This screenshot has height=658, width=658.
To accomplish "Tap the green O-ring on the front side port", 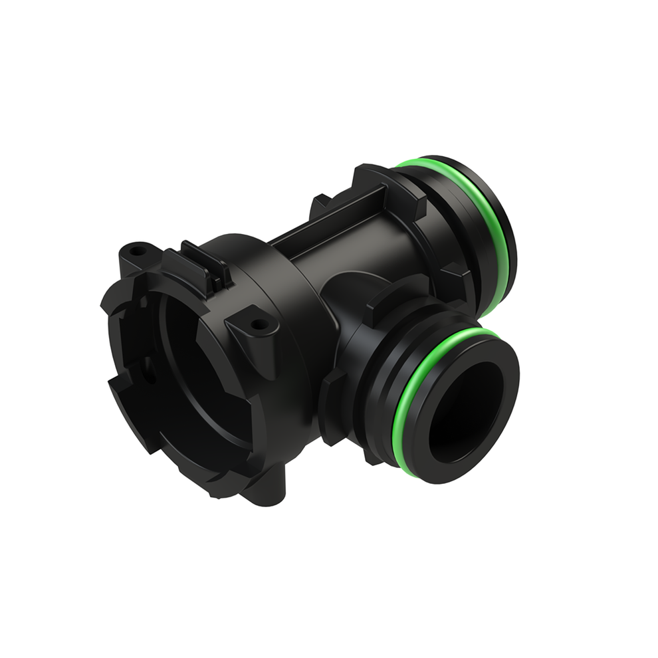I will click(x=407, y=399).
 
